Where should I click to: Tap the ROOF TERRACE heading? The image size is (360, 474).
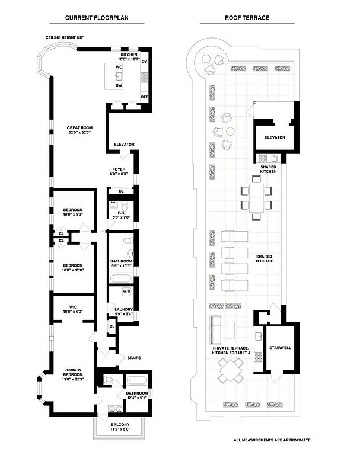pyautogui.click(x=247, y=18)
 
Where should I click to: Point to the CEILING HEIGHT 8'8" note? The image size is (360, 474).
pyautogui.click(x=65, y=37)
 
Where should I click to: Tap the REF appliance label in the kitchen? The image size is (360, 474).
pyautogui.click(x=144, y=97)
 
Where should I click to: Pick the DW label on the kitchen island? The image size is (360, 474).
pyautogui.click(x=119, y=86)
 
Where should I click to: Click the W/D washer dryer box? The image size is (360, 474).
pyautogui.click(x=126, y=292)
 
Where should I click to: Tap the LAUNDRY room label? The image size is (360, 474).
pyautogui.click(x=123, y=311)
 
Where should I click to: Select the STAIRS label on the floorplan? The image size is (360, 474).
pyautogui.click(x=134, y=358)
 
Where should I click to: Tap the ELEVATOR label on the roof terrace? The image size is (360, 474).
pyautogui.click(x=275, y=137)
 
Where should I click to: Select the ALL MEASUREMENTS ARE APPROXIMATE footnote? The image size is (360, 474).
pyautogui.click(x=272, y=440)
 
